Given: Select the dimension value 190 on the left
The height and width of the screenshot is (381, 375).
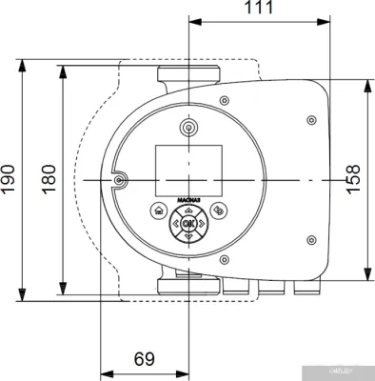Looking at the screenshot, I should [x=9, y=179].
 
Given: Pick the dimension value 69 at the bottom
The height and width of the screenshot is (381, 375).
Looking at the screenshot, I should [x=145, y=359].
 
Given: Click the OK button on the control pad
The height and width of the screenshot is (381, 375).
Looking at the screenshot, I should [x=187, y=225].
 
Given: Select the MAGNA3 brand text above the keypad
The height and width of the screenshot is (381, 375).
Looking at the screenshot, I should [x=187, y=200].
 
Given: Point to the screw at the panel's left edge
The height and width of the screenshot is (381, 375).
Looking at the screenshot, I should [x=117, y=179].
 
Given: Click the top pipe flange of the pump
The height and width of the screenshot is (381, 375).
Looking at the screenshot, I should [x=187, y=75].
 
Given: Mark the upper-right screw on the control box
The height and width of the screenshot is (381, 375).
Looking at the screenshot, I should [x=311, y=120].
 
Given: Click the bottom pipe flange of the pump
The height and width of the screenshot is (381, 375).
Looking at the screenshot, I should [x=187, y=283].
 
